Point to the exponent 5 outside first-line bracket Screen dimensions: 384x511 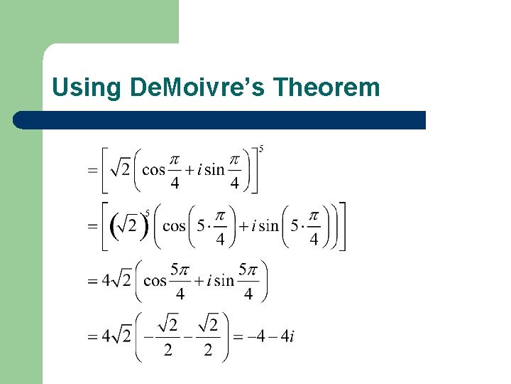(x=262, y=149)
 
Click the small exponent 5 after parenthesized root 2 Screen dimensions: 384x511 (x=147, y=212)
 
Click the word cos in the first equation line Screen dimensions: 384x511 (x=153, y=169)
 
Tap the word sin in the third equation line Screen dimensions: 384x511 (x=224, y=280)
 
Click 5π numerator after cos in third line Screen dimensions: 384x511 (x=180, y=270)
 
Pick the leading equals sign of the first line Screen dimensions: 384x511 (x=91, y=171)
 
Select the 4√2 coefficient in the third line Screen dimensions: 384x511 (x=116, y=280)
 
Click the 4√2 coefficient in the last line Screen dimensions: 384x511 (x=116, y=336)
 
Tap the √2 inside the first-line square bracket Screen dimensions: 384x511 (x=121, y=169)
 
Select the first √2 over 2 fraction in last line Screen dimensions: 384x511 (x=167, y=336)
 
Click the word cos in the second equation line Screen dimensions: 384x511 (x=174, y=226)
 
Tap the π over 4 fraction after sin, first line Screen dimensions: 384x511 (x=235, y=170)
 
